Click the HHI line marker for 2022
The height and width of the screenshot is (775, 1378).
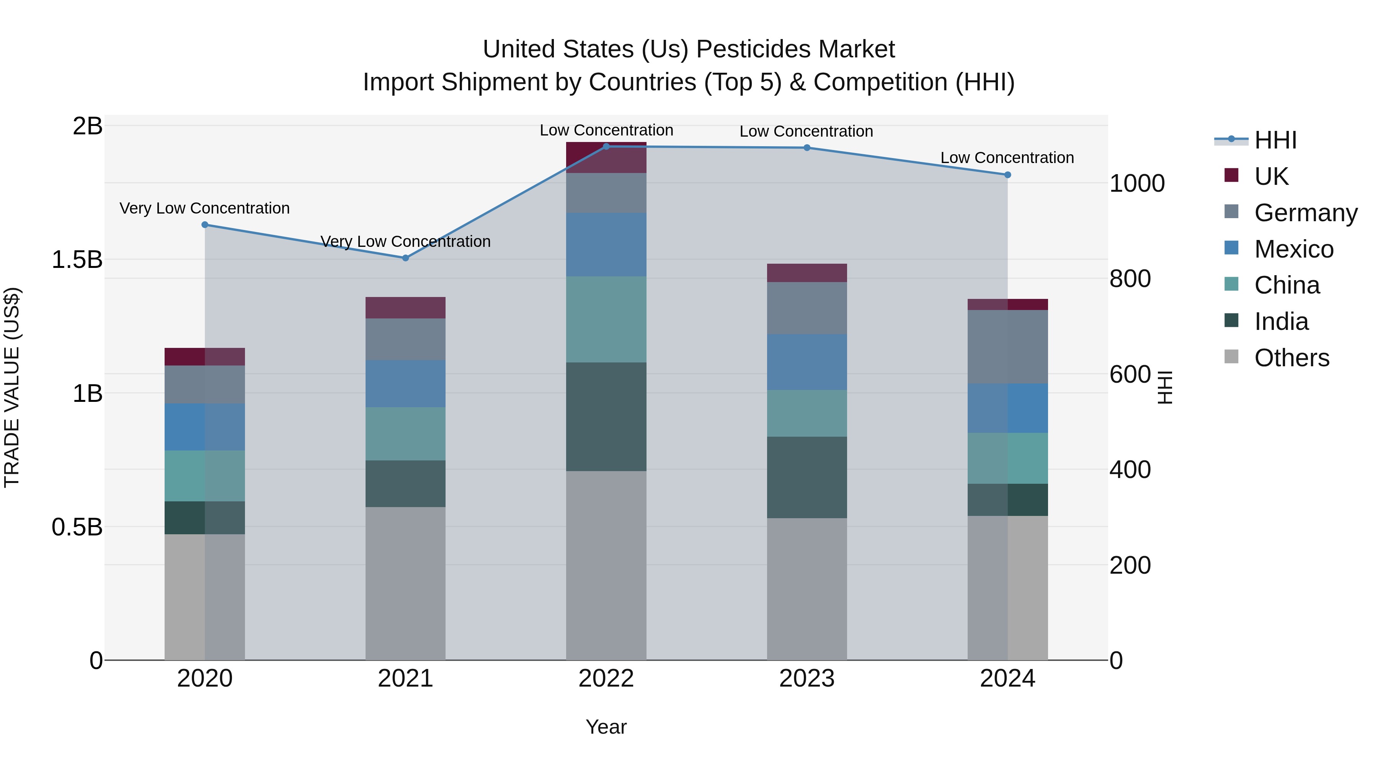point(606,147)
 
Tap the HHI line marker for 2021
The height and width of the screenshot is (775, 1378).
point(405,258)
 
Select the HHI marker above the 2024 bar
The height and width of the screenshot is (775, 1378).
point(1007,175)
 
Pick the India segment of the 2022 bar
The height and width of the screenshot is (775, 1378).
point(606,417)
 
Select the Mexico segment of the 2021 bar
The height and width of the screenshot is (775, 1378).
point(405,383)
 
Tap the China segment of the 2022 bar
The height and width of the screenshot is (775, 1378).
point(606,319)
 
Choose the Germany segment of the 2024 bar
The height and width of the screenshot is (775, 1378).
point(1007,347)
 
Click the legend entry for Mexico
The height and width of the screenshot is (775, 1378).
point(1293,249)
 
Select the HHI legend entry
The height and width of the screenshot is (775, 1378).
point(1275,140)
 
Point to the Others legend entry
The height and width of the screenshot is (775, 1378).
point(1291,358)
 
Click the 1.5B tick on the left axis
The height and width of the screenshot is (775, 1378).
point(77,260)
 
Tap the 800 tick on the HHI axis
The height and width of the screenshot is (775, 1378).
point(1130,279)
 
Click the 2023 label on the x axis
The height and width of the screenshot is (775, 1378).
point(807,679)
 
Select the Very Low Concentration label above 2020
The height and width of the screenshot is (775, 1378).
point(204,208)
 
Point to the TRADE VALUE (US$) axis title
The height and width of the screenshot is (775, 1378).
point(12,387)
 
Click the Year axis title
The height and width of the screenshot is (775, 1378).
point(606,727)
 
